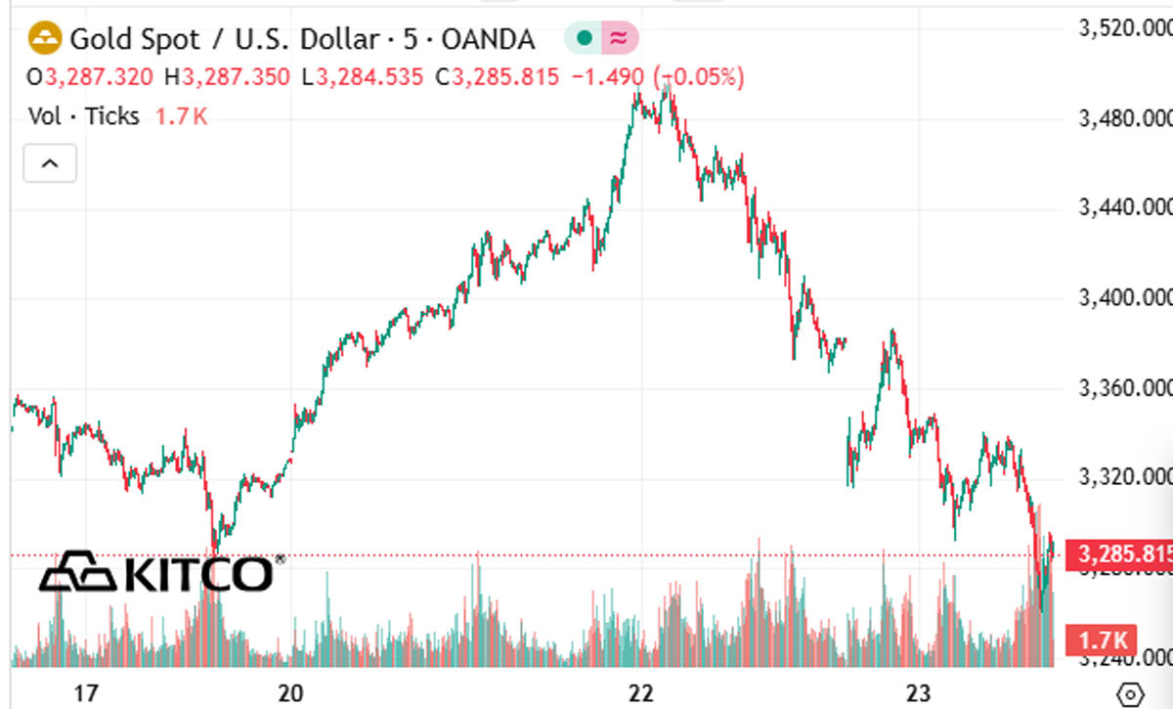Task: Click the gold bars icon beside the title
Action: [46, 39]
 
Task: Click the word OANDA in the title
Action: [488, 40]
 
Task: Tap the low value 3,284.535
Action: [371, 77]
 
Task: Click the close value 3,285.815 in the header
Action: [504, 77]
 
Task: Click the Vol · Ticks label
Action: [84, 115]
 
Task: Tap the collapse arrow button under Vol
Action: [50, 163]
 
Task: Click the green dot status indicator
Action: [585, 39]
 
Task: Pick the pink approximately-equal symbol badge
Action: [619, 39]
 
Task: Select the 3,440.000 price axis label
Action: [1122, 207]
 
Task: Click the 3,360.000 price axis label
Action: [1122, 388]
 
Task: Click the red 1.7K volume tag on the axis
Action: [1106, 642]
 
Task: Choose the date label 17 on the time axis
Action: [86, 693]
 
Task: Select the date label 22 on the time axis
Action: [640, 693]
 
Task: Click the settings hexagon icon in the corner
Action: [1130, 693]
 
